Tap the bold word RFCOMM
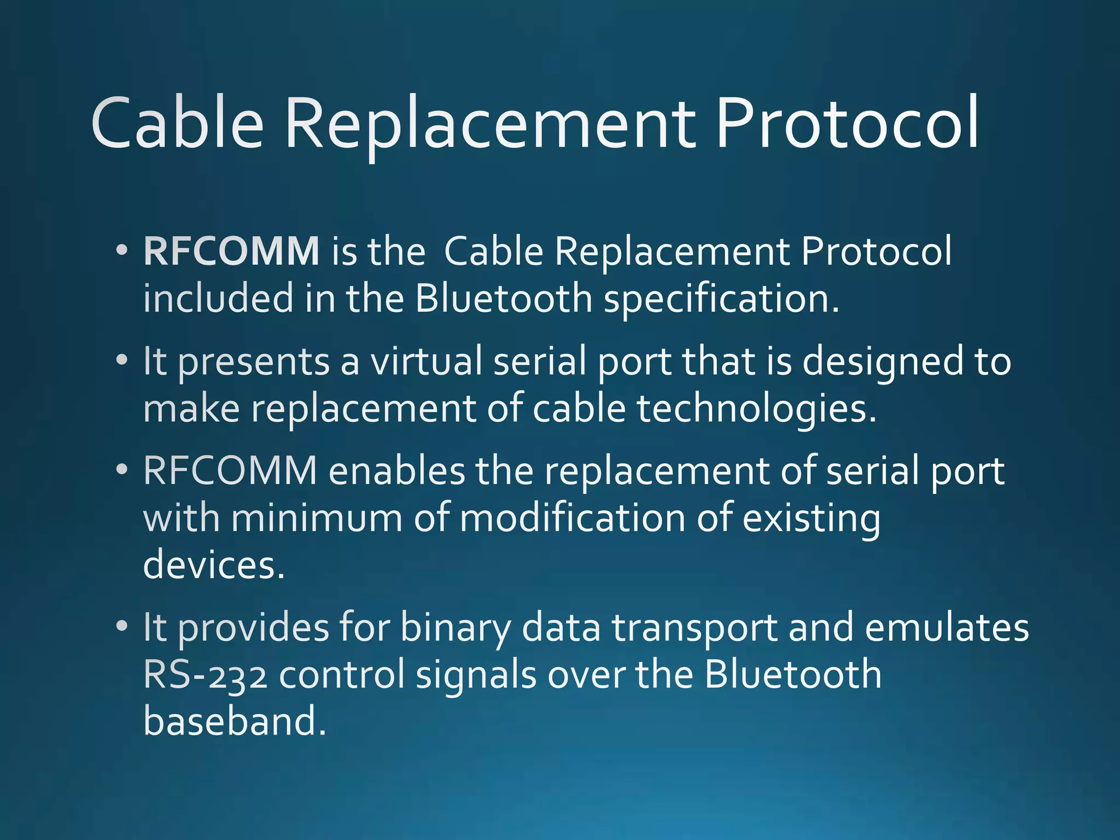pos(231,252)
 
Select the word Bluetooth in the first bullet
pos(504,299)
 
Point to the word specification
pos(721,300)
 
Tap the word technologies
pos(757,409)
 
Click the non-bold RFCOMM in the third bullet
pos(230,470)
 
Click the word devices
pos(214,564)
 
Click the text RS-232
pos(206,674)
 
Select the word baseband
pos(234,721)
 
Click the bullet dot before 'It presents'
pos(122,360)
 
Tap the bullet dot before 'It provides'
pos(122,626)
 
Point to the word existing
pos(812,518)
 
